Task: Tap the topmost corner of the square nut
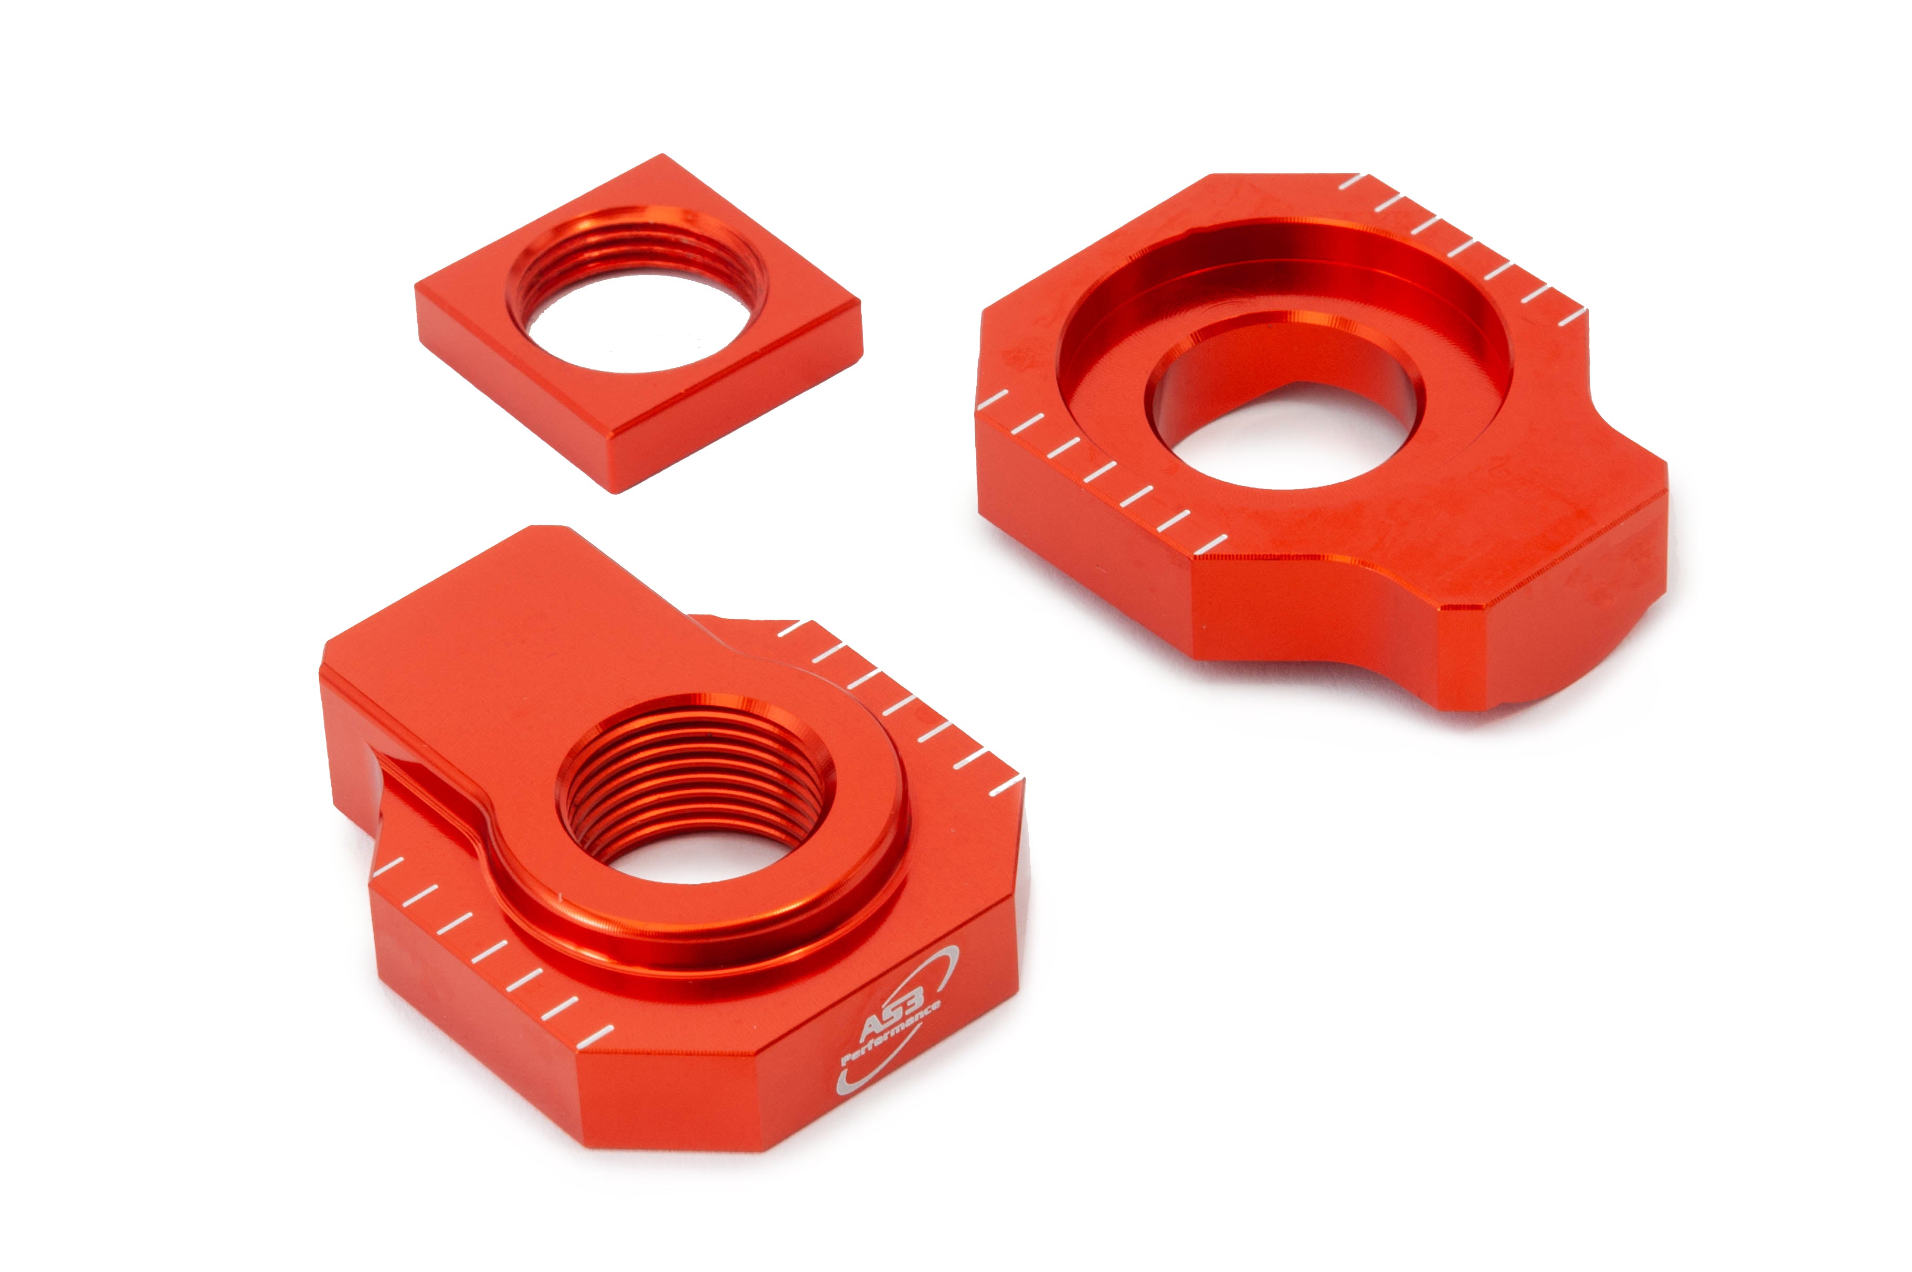pos(663,154)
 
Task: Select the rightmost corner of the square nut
pos(861,306)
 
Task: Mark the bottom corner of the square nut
pos(616,492)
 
